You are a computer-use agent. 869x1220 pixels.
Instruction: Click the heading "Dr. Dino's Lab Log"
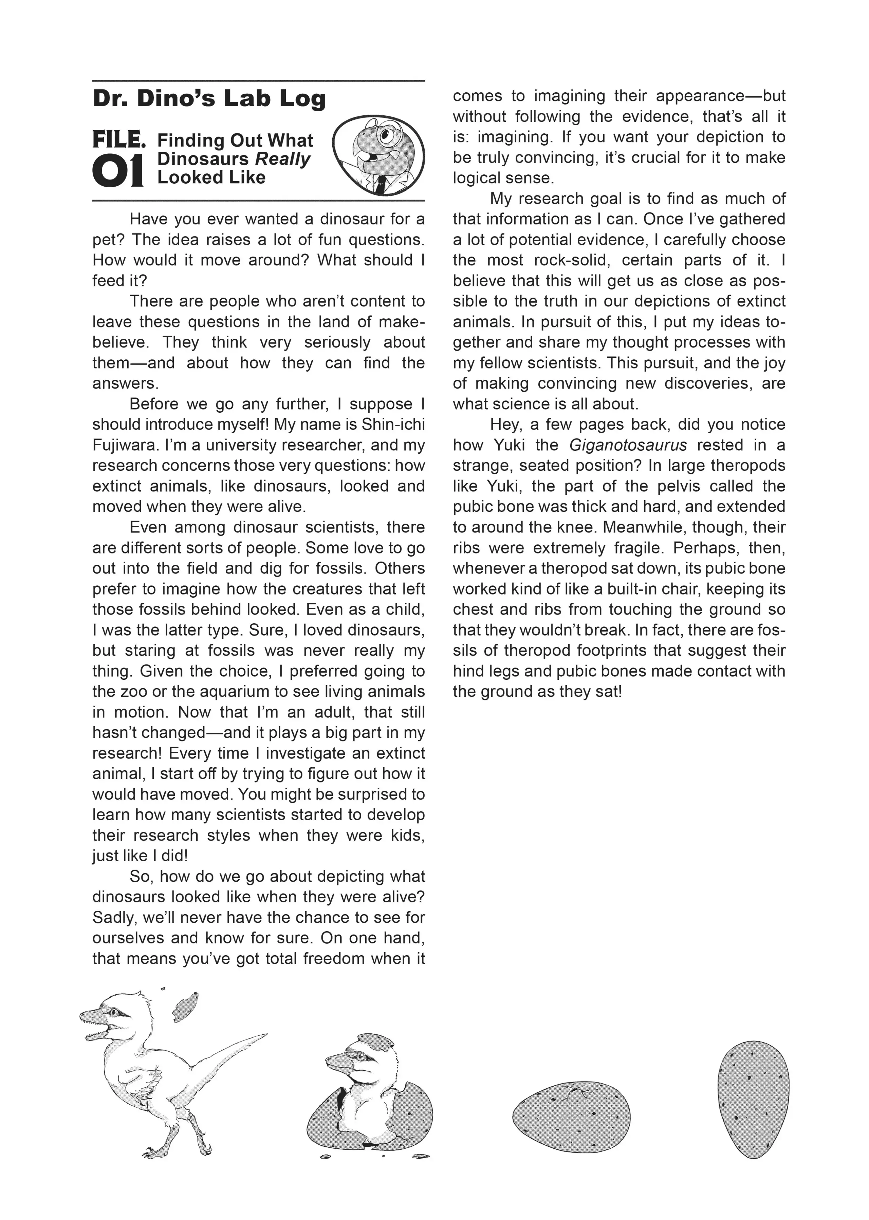[209, 99]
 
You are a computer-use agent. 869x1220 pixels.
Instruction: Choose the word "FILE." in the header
[119, 140]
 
